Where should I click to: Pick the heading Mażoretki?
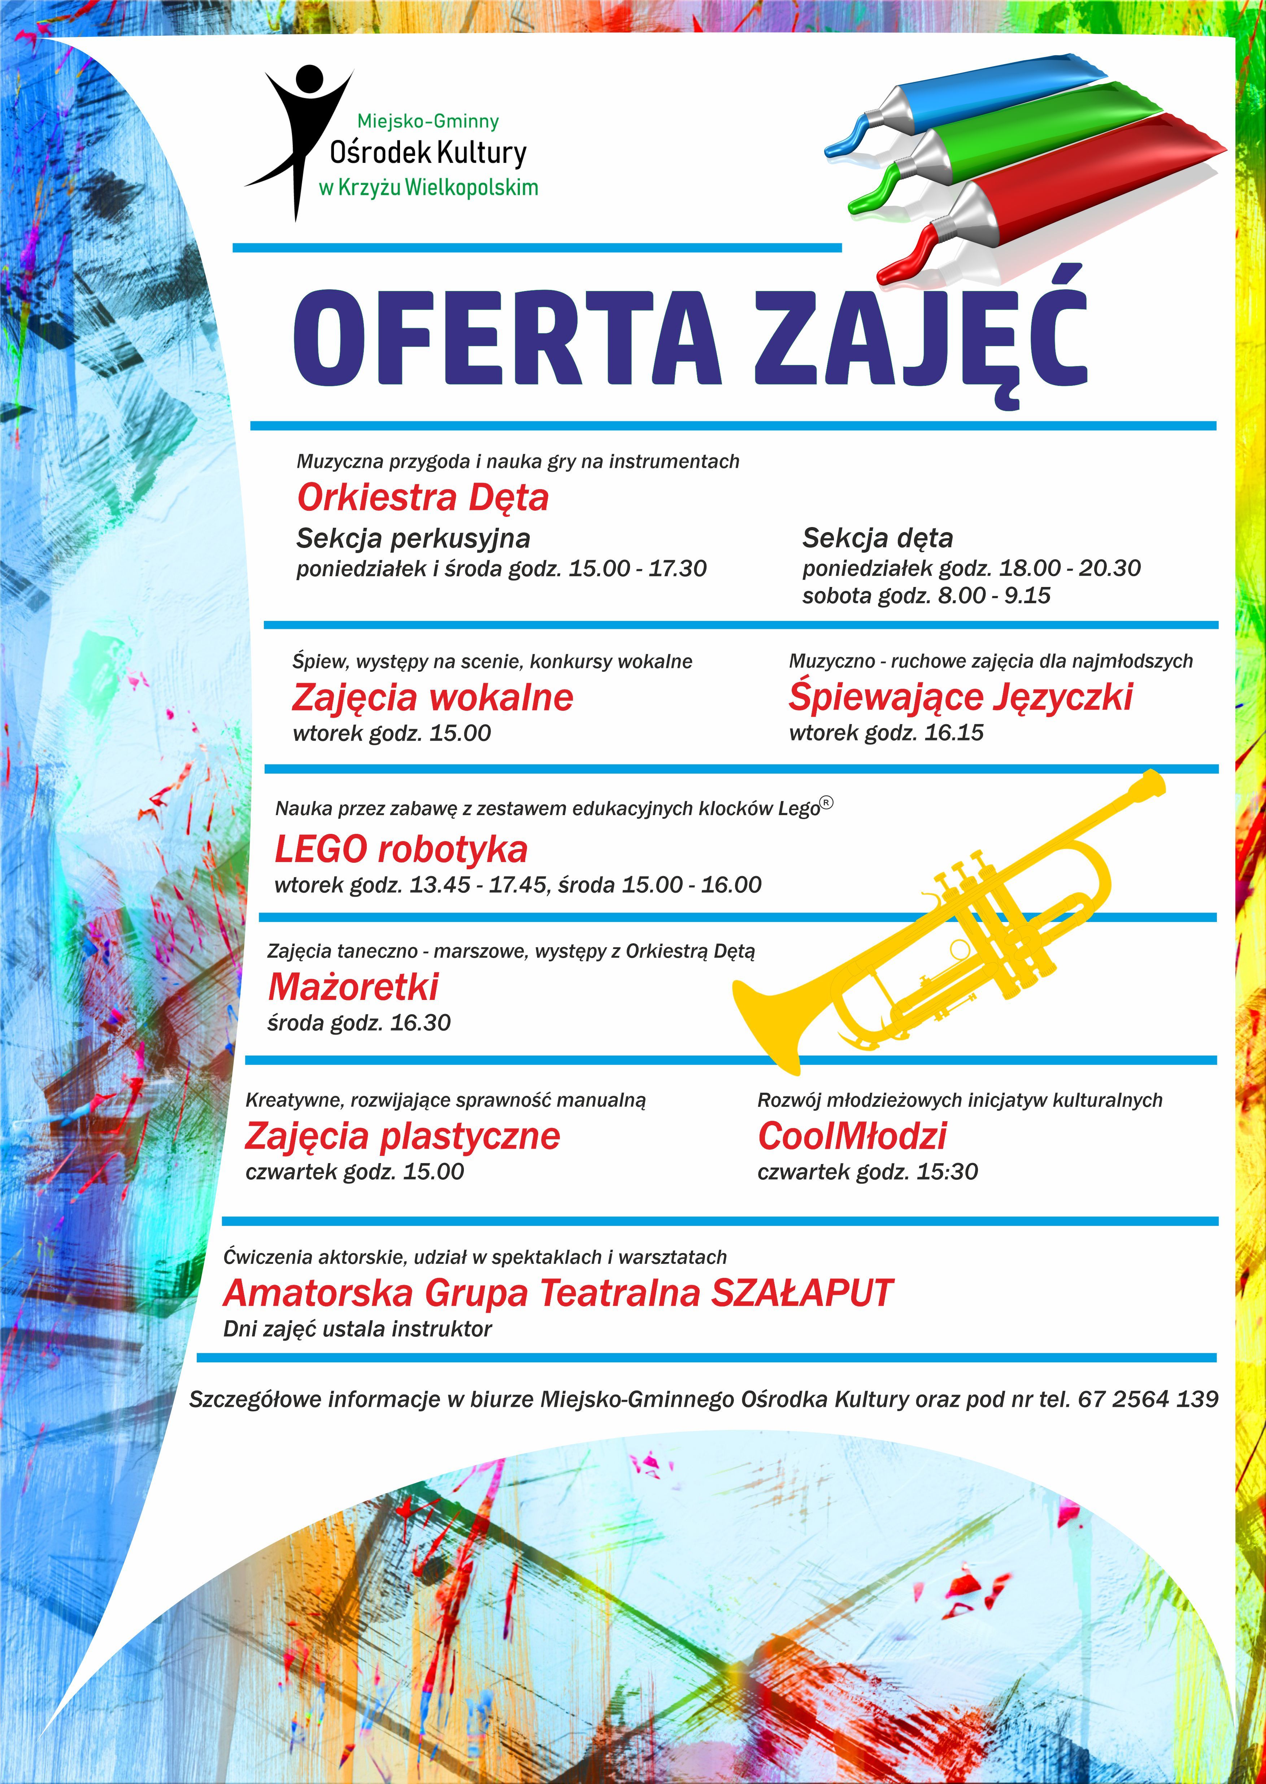pos(353,987)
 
